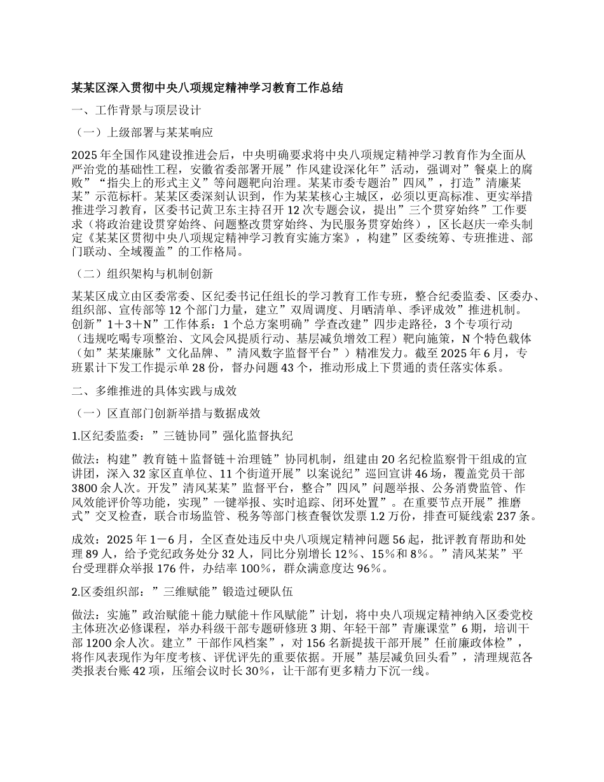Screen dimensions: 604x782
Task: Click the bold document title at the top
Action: point(207,88)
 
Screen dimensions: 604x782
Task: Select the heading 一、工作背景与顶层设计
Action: point(137,111)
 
